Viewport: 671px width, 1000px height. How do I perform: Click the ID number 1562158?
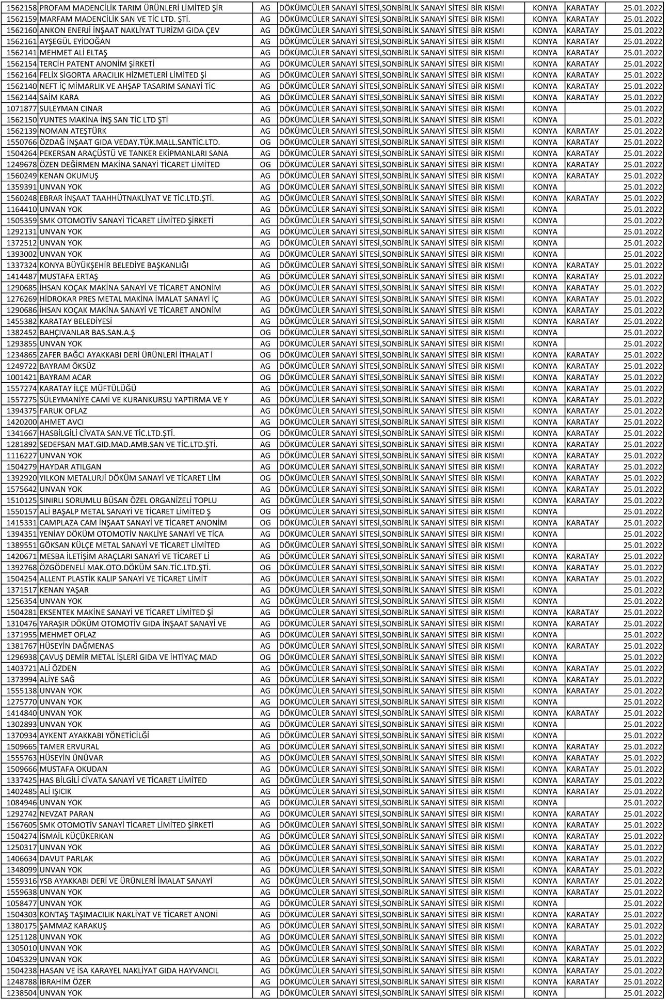(22, 8)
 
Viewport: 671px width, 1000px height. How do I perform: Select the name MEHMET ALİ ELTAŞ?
(73, 53)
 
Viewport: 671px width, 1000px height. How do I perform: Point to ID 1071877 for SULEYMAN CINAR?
(22, 109)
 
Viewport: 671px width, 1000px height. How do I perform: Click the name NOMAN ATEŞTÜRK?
(73, 131)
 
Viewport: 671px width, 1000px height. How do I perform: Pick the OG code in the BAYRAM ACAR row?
(265, 378)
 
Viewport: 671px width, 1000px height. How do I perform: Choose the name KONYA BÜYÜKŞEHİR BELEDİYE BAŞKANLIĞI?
(114, 265)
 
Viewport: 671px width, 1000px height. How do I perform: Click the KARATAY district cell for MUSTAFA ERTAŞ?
(583, 277)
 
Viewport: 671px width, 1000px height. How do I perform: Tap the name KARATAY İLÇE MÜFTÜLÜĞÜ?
(88, 388)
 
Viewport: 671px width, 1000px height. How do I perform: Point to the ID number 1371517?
(22, 590)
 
